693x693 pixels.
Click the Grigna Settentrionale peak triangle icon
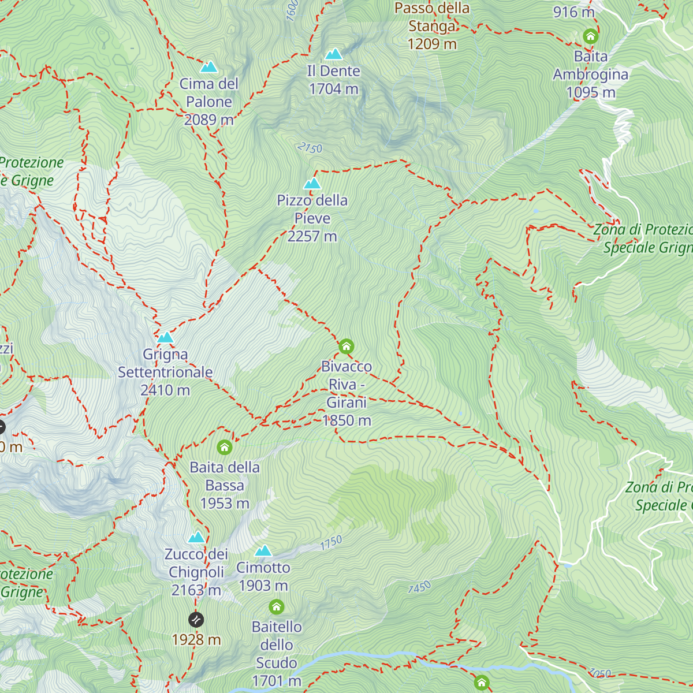click(x=166, y=337)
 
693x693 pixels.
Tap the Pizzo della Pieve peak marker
click(x=312, y=184)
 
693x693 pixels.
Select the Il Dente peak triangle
click(x=333, y=54)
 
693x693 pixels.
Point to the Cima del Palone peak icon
click(x=208, y=67)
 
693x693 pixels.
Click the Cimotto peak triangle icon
click(x=263, y=551)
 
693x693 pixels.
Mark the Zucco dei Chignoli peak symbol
click(x=196, y=538)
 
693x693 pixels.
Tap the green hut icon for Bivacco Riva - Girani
click(x=346, y=346)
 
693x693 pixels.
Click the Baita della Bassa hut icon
click(x=225, y=448)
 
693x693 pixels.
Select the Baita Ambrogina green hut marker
click(x=590, y=37)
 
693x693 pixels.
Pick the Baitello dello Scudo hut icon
click(x=277, y=607)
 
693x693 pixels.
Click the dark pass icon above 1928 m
click(x=196, y=620)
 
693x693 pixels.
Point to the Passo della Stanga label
click(x=432, y=17)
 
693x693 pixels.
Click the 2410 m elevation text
click(x=165, y=390)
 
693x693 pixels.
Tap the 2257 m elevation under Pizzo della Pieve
click(x=312, y=236)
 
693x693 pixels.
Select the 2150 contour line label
click(x=310, y=148)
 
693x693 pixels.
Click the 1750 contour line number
click(x=331, y=543)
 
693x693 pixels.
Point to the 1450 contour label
click(x=419, y=588)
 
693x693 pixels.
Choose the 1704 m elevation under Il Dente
click(x=333, y=89)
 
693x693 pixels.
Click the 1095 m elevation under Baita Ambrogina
click(x=590, y=92)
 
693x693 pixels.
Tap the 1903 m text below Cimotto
click(x=263, y=586)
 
